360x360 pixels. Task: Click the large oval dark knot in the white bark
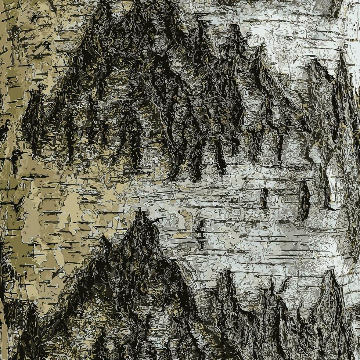pyautogui.click(x=305, y=200)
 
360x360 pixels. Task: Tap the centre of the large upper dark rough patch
pyautogui.click(x=147, y=92)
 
